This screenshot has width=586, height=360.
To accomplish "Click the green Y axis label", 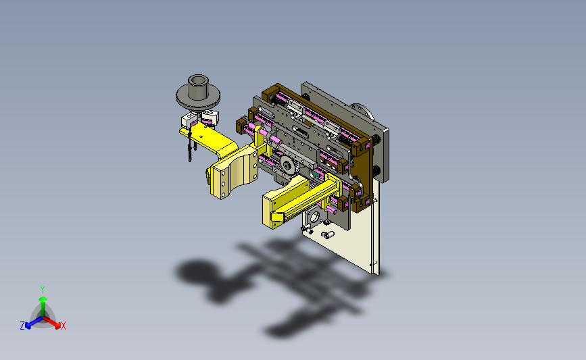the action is [x=43, y=290].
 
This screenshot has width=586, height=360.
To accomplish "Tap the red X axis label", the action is [x=63, y=326].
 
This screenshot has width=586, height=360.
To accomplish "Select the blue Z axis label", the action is [x=22, y=326].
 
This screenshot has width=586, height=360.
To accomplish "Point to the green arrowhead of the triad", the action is [x=43, y=299].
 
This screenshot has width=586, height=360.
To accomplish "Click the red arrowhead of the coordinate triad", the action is [x=57, y=326].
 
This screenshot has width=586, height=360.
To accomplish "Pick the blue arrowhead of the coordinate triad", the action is [x=28, y=326].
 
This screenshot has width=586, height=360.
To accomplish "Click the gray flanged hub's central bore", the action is [x=198, y=80].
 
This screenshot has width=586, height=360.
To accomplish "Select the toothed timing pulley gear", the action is [x=288, y=165].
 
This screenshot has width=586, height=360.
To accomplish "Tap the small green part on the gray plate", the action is [x=315, y=173].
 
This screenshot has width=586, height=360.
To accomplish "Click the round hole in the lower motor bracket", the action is [x=314, y=216].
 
